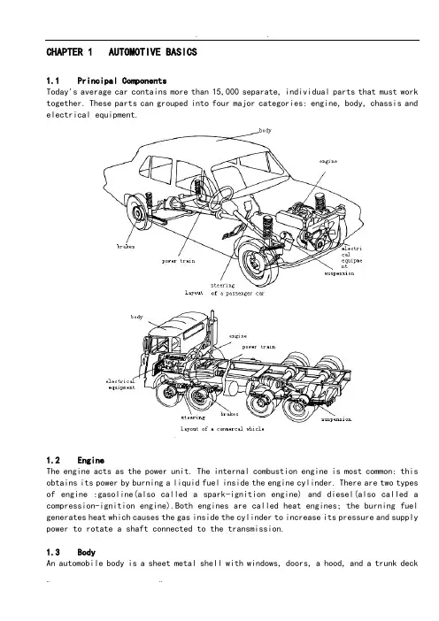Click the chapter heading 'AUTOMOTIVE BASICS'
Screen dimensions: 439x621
pos(152,52)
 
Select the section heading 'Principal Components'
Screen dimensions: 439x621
pos(121,80)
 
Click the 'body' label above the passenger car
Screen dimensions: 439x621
pos(265,130)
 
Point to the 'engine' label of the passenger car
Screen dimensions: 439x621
pos(328,161)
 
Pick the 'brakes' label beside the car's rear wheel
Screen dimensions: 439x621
pos(126,246)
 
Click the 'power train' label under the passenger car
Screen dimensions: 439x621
pos(178,261)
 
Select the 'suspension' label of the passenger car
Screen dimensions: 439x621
pos(339,273)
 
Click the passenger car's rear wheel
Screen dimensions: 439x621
pos(137,214)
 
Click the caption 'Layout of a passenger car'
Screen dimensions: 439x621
pos(224,293)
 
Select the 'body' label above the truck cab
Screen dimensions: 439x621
pos(136,317)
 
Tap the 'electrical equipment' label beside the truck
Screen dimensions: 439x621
pos(121,384)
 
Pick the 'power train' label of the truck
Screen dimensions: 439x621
pos(258,347)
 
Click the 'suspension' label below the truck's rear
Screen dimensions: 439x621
pos(336,419)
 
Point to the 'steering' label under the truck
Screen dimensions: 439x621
pos(193,418)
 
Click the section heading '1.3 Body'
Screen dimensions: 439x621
pos(71,552)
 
